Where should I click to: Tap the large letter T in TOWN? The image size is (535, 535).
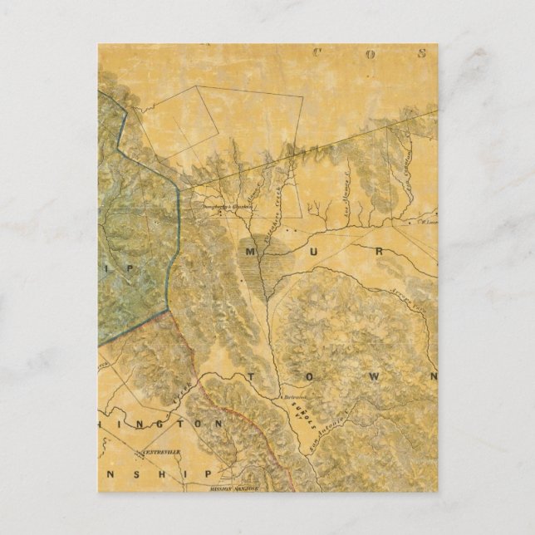(251, 377)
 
